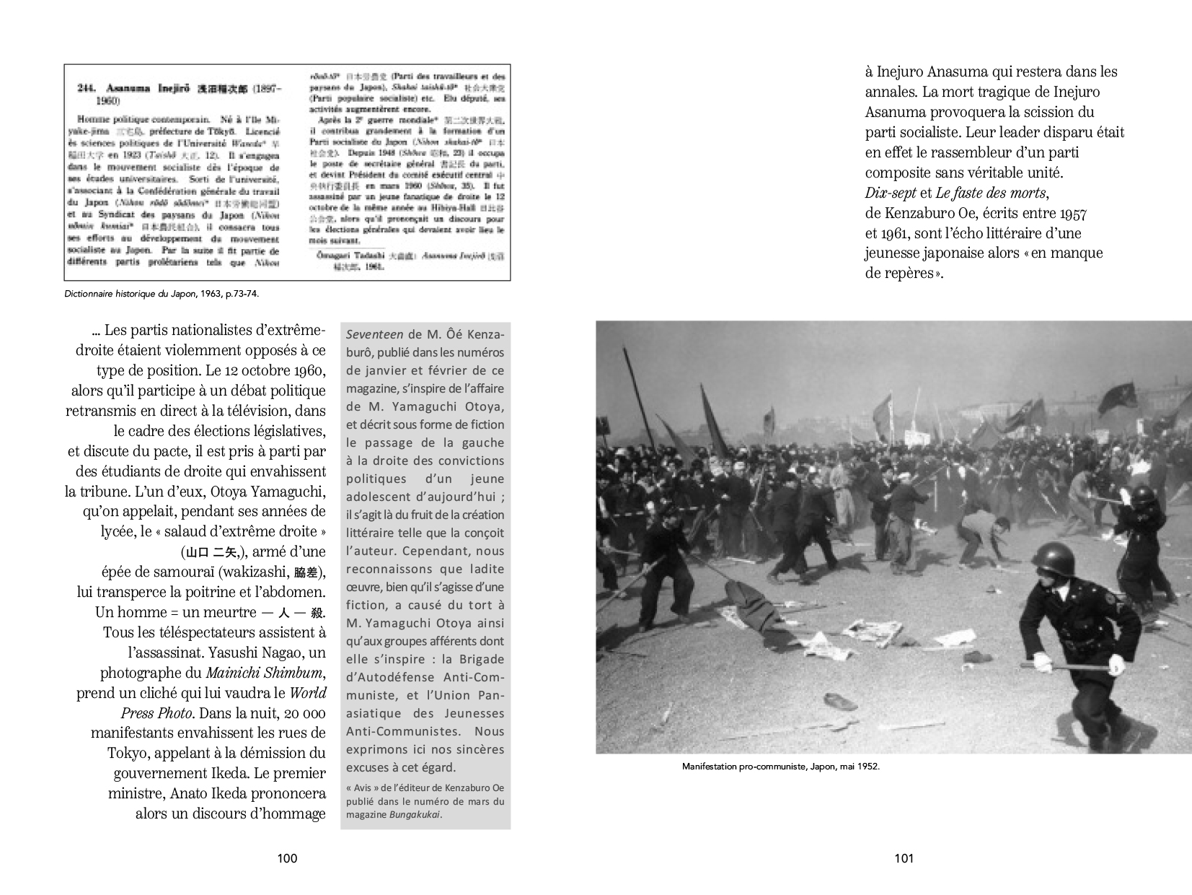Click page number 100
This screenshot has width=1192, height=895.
[x=287, y=858]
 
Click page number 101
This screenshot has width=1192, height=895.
[x=904, y=858]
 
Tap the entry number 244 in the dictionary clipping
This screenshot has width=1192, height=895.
[x=87, y=89]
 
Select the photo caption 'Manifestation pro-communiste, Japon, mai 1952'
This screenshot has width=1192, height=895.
[x=780, y=767]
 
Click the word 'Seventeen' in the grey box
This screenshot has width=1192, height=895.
[x=374, y=335]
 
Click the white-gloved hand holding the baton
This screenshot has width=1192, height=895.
[x=1043, y=662]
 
